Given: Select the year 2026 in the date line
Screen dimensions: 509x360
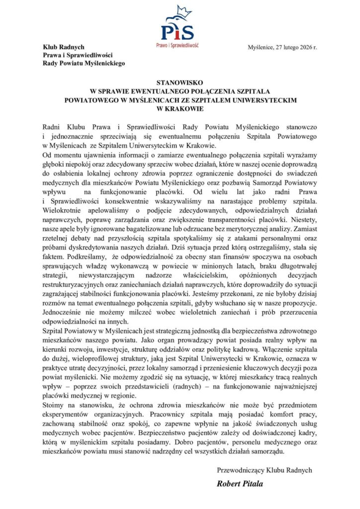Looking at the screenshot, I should (x=302, y=47).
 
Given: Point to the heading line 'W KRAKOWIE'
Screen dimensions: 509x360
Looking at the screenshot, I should (x=180, y=108).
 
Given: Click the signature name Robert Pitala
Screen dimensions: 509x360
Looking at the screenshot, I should (x=240, y=483).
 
